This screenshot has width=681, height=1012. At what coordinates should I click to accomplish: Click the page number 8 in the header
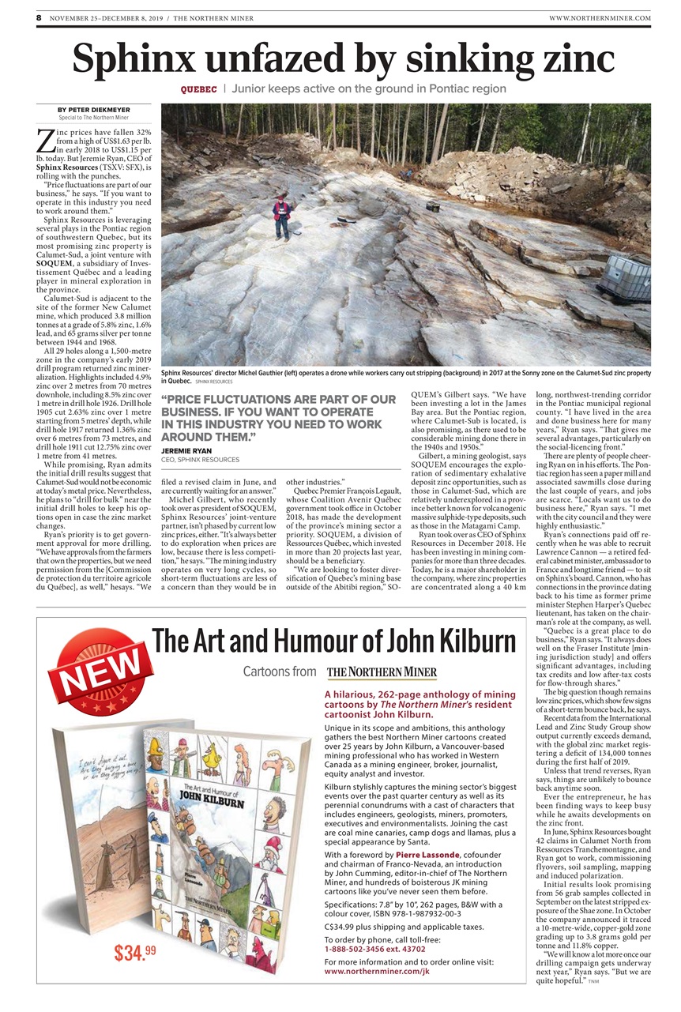(x=39, y=17)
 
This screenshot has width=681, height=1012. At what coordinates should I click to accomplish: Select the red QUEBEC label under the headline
(x=198, y=89)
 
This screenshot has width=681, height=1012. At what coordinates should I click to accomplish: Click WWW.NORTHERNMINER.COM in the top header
(x=599, y=17)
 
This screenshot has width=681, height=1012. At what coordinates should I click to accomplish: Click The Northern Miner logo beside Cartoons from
(x=382, y=673)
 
